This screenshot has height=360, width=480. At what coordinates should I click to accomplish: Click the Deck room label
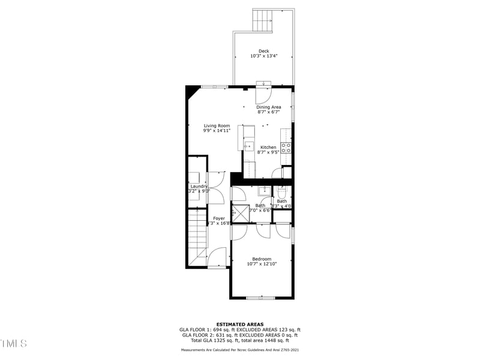click(x=263, y=51)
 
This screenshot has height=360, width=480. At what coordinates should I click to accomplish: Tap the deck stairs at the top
click(x=263, y=21)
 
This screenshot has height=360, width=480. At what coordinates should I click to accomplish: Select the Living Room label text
click(x=217, y=125)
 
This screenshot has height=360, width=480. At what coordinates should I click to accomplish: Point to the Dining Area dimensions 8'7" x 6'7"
click(x=268, y=112)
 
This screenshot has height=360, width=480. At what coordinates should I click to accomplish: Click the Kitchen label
click(x=268, y=147)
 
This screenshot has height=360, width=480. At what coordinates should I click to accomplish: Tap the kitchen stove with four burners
click(x=286, y=147)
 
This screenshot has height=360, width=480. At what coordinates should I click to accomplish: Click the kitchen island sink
click(x=248, y=146)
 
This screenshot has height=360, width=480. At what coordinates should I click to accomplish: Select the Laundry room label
click(x=199, y=187)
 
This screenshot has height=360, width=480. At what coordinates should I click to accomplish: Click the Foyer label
click(x=219, y=218)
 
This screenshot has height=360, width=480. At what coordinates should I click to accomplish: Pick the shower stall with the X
click(x=241, y=213)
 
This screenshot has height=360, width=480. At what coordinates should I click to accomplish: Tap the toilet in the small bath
click(x=282, y=191)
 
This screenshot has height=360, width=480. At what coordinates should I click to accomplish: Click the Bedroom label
click(x=262, y=259)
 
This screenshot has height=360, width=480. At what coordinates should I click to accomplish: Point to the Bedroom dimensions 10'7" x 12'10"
click(x=262, y=264)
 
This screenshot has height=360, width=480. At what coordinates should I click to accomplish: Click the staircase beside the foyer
click(x=197, y=237)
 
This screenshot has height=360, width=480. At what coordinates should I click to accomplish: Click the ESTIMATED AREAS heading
click(x=239, y=325)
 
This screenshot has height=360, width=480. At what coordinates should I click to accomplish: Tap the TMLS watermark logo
click(x=13, y=343)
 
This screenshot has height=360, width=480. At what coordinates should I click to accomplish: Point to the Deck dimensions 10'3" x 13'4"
click(x=263, y=56)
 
